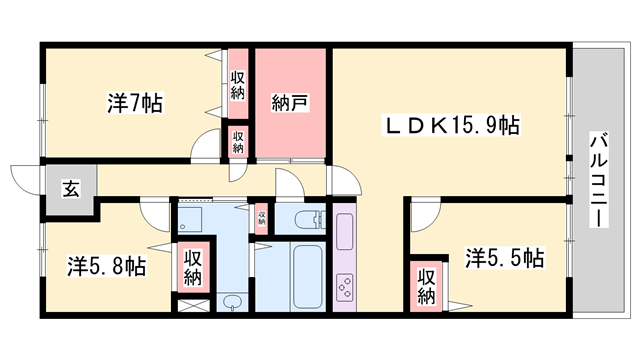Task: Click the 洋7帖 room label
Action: [x=135, y=102]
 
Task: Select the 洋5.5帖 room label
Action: [x=505, y=258]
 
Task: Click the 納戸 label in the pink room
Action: [x=290, y=102]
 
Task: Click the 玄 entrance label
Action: [x=72, y=187]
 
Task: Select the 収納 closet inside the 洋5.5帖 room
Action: [x=426, y=285]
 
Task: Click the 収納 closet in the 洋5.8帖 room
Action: [x=193, y=267]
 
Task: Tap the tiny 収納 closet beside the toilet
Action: [x=261, y=217]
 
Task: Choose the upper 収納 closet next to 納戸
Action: [x=238, y=85]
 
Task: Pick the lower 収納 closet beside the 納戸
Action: [x=238, y=140]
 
